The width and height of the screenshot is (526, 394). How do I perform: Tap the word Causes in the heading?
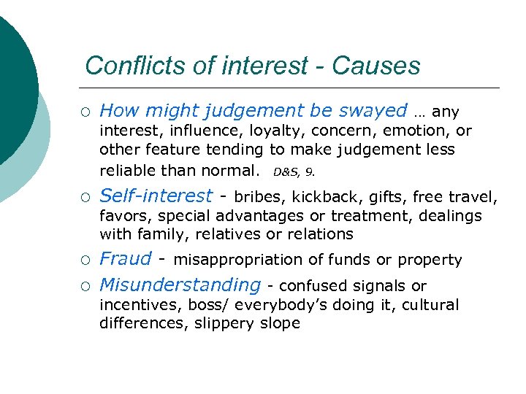coord(376,66)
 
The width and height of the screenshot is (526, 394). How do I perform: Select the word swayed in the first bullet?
coord(373,111)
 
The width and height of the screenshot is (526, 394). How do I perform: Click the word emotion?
coord(412,131)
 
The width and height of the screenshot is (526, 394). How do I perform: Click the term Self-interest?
coord(156,196)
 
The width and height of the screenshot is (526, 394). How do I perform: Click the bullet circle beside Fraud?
coord(86,260)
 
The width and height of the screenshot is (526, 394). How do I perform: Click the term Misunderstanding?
coord(180,285)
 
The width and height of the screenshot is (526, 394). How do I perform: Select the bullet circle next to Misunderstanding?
coord(86,285)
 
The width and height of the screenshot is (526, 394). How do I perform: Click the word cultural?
coord(429,305)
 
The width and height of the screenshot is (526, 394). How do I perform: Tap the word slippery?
coord(224,323)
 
